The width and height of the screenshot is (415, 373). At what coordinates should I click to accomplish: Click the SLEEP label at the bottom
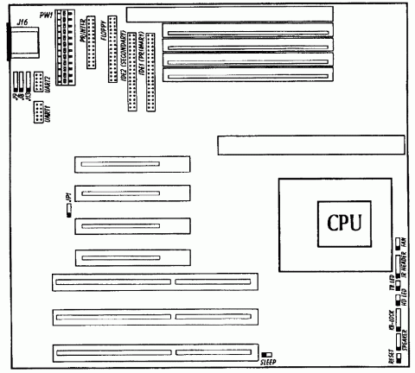[x=268, y=362]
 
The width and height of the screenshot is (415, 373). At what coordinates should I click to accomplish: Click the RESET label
[x=392, y=355]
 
